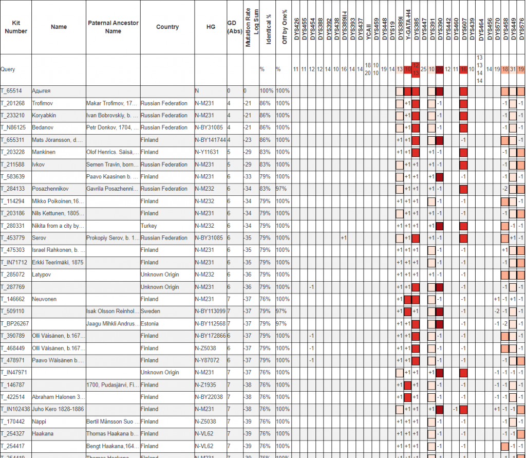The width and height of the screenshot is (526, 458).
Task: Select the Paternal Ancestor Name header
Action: tap(113, 27)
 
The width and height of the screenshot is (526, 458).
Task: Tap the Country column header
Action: tap(167, 27)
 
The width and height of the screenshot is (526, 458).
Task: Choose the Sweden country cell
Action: tap(151, 312)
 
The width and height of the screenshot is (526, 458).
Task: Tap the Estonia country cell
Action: tap(151, 324)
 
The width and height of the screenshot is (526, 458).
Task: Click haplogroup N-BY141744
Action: tap(211, 140)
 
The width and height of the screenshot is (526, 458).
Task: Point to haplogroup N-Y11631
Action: tap(208, 153)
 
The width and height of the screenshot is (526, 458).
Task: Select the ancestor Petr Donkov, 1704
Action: tap(112, 128)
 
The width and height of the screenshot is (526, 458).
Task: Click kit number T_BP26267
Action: tap(15, 324)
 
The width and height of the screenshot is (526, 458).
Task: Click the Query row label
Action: tap(8, 69)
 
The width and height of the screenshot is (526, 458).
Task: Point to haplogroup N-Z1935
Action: tap(206, 385)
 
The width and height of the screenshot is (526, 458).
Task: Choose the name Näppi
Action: tap(40, 422)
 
